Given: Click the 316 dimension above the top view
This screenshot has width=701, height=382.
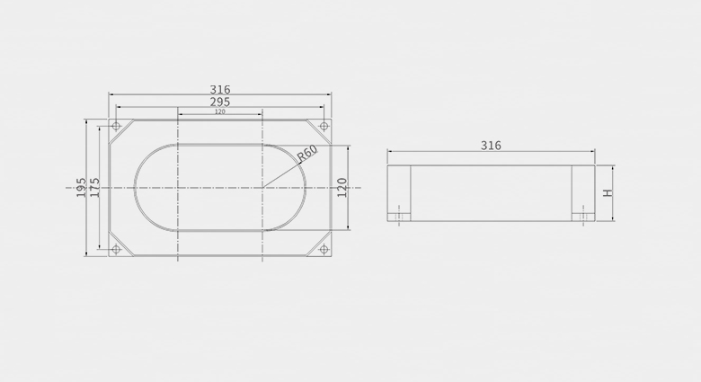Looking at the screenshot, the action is [x=220, y=90].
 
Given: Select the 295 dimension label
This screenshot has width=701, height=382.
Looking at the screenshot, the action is [x=220, y=102].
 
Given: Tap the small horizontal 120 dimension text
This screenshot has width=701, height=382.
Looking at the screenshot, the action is [x=220, y=111].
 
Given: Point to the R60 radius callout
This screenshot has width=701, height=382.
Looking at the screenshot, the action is [x=307, y=153].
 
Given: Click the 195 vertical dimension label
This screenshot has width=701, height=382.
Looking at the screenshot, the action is [x=81, y=188].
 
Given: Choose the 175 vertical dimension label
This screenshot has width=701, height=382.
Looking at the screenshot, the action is [x=94, y=188].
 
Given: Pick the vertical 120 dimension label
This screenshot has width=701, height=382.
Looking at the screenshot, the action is [x=342, y=188].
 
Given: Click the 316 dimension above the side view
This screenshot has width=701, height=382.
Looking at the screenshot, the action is [x=491, y=146].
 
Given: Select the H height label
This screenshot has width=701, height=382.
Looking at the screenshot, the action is [x=608, y=192].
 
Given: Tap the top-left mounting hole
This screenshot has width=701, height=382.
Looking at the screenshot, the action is [x=116, y=126].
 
